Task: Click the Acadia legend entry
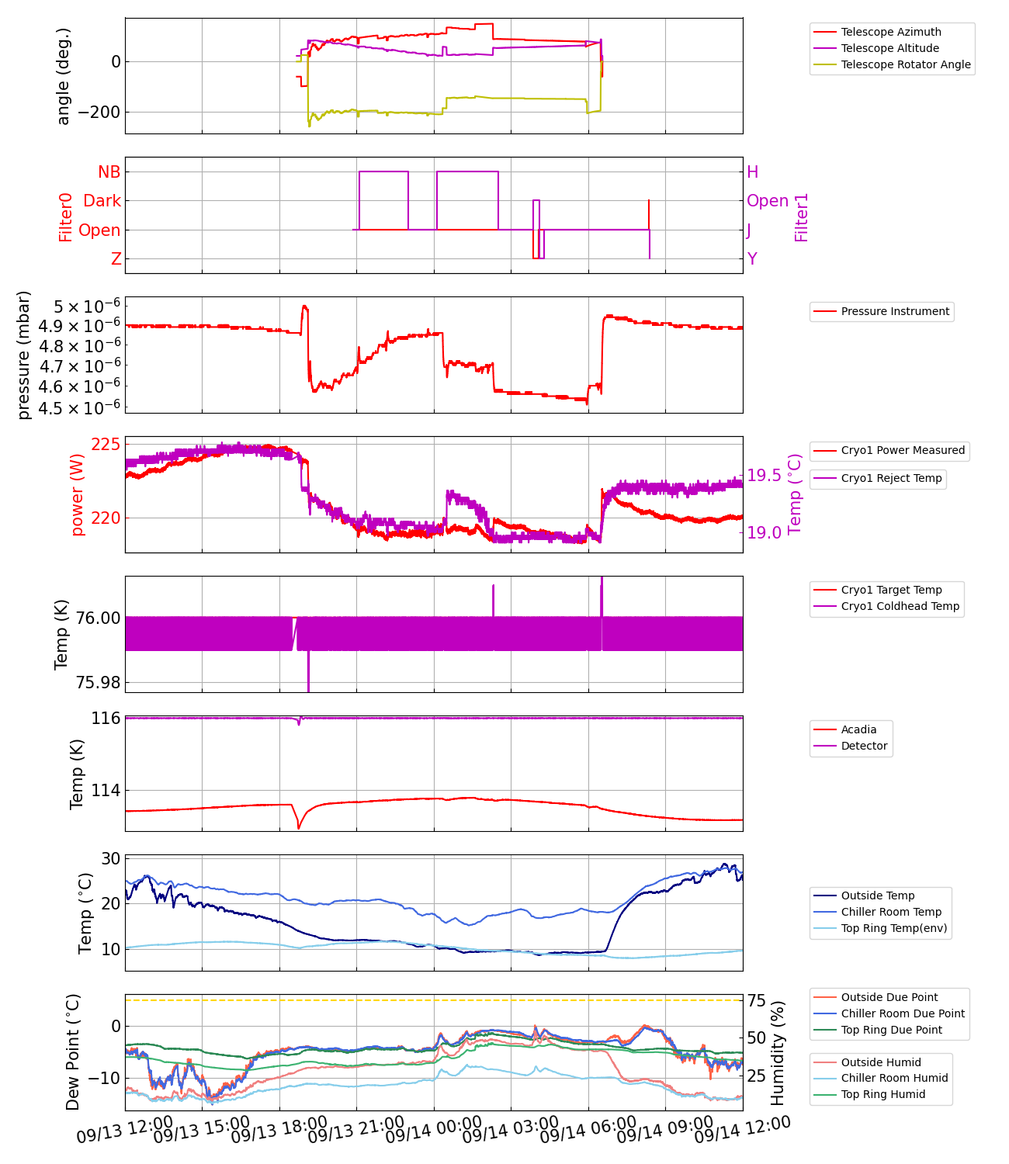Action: pyautogui.click(x=858, y=729)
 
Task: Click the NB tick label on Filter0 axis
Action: pyautogui.click(x=109, y=172)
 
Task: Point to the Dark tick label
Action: pyautogui.click(x=102, y=201)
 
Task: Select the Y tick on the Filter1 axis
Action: pyautogui.click(x=752, y=259)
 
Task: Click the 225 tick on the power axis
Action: pyautogui.click(x=106, y=444)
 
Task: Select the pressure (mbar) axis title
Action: pyautogui.click(x=24, y=355)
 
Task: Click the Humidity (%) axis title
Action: pyautogui.click(x=778, y=1052)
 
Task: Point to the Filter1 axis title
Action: pyautogui.click(x=802, y=217)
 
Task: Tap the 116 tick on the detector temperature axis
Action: pyautogui.click(x=106, y=719)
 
